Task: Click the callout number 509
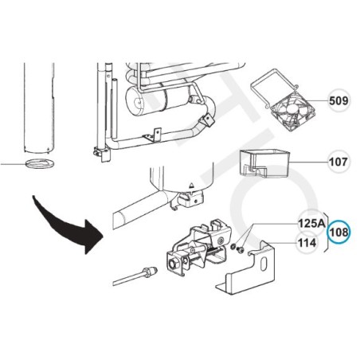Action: coord(338,101)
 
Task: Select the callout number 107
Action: coord(338,162)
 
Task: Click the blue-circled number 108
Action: coord(339,232)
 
